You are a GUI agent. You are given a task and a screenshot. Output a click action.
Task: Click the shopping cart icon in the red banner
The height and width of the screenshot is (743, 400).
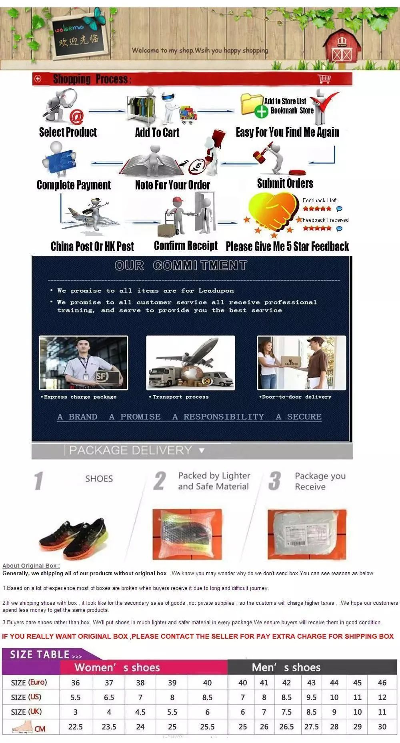[324, 79]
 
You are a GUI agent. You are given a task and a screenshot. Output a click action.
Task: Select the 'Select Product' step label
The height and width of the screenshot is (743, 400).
[68, 132]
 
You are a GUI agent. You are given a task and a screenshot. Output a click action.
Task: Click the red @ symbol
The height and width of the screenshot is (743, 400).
[76, 117]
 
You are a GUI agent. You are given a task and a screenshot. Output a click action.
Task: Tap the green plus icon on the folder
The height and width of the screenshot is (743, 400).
[261, 112]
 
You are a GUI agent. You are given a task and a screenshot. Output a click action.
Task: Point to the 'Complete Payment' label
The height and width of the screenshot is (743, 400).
[74, 185]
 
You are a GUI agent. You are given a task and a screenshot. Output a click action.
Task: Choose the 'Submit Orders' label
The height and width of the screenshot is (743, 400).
[285, 183]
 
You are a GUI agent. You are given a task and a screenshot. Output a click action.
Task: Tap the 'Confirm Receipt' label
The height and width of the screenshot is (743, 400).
[186, 246]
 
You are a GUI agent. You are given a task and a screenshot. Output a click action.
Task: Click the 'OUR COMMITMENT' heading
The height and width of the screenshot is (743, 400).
[181, 265]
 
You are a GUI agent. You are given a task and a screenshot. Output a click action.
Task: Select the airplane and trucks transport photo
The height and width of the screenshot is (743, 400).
[190, 363]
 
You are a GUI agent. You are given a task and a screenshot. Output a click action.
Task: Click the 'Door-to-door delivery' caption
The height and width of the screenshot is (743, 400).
[296, 397]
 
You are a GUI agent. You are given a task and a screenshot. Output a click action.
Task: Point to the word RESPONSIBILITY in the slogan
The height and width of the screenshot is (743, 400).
[224, 417]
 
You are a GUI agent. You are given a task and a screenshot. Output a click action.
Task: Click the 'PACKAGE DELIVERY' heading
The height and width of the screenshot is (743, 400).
[130, 450]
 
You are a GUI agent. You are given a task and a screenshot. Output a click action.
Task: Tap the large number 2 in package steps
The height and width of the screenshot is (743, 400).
[159, 481]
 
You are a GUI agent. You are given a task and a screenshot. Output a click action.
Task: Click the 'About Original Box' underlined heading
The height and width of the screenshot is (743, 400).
[31, 566]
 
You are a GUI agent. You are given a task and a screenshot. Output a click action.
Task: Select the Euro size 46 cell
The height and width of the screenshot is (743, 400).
[382, 683]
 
